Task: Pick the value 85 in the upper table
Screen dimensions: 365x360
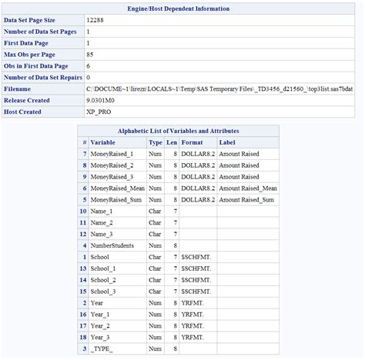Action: [x=90, y=55]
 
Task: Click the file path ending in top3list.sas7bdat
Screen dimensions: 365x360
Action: [x=219, y=89]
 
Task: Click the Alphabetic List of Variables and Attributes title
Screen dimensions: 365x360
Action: [x=178, y=131]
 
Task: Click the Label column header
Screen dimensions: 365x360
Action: [x=227, y=142]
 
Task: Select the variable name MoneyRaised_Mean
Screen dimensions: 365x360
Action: [x=116, y=188]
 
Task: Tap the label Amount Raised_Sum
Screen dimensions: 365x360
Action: [x=246, y=200]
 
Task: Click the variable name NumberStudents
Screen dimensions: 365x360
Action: [x=112, y=245]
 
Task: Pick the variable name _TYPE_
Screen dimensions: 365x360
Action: [x=102, y=348]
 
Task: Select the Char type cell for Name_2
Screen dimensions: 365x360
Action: [x=156, y=222]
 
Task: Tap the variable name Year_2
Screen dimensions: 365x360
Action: [x=102, y=325]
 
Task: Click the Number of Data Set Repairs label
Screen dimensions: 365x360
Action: [x=43, y=78]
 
